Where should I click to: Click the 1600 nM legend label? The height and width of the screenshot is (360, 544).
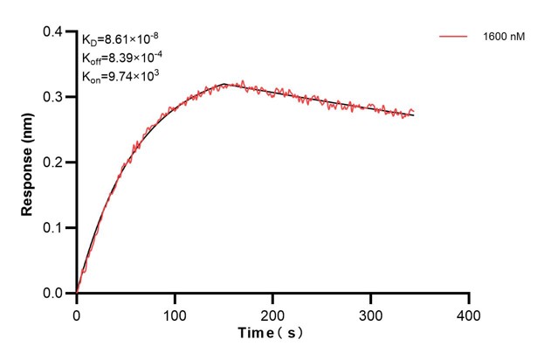[x=504, y=38]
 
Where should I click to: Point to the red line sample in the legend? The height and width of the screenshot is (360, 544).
[x=454, y=38]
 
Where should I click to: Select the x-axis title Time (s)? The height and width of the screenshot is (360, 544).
[x=273, y=334]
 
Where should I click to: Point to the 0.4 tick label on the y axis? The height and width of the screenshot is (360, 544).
[x=53, y=32]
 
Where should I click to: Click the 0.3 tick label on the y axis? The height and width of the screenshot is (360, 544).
[x=53, y=97]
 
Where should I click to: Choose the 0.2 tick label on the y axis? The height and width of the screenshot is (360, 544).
[x=53, y=163]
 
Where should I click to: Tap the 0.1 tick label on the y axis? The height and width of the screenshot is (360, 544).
[x=53, y=228]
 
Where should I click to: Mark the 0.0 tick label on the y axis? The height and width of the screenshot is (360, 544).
[x=53, y=294]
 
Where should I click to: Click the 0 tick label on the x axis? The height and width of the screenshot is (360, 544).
[x=77, y=312]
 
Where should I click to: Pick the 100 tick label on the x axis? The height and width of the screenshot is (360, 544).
[x=175, y=312]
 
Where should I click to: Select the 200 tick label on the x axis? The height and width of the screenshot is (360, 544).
[x=273, y=312]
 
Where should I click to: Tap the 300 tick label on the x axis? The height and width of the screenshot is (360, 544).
[x=371, y=312]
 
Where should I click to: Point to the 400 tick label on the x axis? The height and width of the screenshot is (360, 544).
[x=470, y=312]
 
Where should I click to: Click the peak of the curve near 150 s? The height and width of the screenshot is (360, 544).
[x=225, y=84]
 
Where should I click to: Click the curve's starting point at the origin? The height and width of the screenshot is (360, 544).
[x=77, y=293]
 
